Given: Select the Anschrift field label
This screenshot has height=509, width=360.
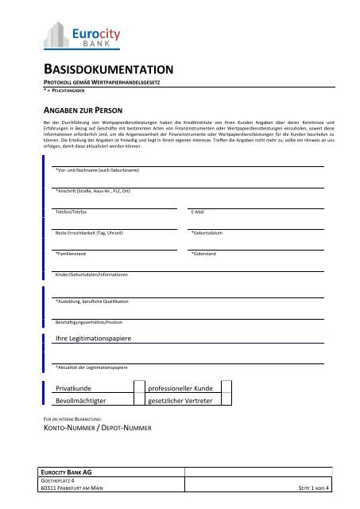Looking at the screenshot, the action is point(94,192).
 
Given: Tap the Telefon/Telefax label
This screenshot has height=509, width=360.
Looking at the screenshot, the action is point(72,212).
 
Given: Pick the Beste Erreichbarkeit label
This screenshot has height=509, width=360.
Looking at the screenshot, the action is point(89,233).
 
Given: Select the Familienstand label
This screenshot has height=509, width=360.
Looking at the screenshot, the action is point(71,254).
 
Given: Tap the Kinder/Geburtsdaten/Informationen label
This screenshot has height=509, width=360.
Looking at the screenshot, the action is point(91,274).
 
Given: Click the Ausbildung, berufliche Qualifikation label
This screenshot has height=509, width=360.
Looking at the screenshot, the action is point(97,302).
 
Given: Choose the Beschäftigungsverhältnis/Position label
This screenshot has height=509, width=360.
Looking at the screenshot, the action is point(98,323).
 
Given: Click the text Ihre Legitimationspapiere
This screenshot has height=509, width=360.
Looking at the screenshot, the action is point(93,340).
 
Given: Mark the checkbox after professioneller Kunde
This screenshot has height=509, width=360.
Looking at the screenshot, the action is point(226,387).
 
